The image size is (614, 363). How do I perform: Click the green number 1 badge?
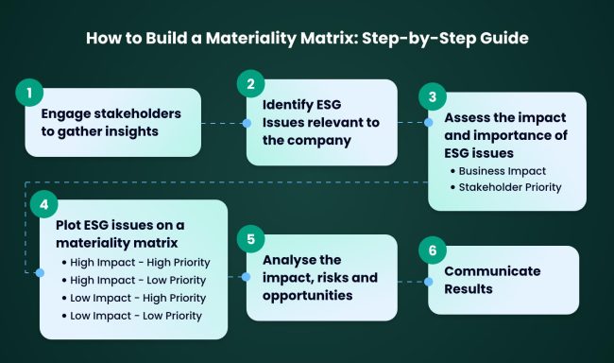(29, 94)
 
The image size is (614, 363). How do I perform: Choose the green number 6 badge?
(432, 251)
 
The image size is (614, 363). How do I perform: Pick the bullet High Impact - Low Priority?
(136, 279)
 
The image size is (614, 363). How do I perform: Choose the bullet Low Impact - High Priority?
(136, 297)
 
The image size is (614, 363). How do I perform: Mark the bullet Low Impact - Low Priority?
(134, 315)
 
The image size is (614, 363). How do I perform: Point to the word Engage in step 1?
(65, 113)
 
